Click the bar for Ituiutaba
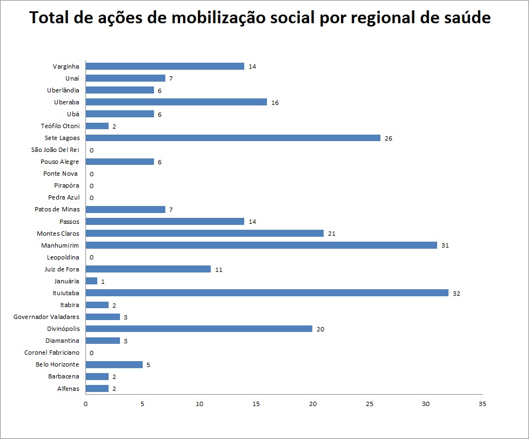267,293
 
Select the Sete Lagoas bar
233,138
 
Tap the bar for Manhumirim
261,245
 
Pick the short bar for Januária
91,281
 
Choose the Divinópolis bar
199,329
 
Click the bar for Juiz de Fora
148,269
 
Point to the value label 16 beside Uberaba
275,103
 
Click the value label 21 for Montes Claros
332,234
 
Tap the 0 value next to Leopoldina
91,257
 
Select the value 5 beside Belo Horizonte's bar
148,365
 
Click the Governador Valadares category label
46,317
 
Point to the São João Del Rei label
55,150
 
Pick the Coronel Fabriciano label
52,352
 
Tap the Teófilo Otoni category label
60,126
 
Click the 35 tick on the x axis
483,404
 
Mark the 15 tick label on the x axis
256,404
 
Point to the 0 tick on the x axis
86,404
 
